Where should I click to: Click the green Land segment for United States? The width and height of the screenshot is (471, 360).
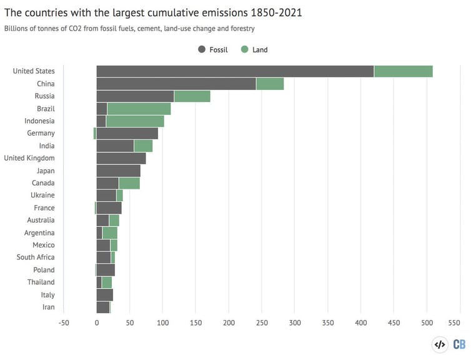tap(403, 71)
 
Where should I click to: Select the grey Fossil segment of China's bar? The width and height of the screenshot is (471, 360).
tap(176, 84)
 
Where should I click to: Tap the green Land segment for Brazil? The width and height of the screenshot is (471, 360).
tap(139, 109)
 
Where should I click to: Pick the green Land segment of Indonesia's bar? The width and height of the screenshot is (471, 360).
tap(135, 121)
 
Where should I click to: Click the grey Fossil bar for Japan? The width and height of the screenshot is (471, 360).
tap(118, 171)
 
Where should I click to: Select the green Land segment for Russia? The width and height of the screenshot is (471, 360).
tap(192, 96)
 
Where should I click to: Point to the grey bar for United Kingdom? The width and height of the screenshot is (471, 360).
tap(121, 158)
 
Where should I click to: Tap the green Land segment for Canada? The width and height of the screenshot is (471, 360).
tap(129, 183)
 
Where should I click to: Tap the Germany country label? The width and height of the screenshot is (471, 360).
tap(41, 133)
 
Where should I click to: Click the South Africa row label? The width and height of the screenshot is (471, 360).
tap(36, 257)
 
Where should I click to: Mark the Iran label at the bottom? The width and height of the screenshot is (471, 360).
tap(48, 307)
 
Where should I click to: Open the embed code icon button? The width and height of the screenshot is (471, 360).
tap(439, 344)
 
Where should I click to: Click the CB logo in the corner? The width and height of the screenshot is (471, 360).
tap(459, 344)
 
